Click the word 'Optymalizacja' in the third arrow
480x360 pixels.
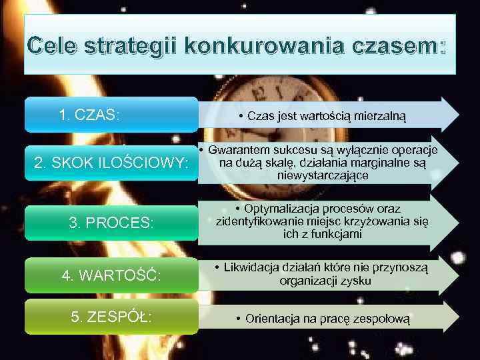[280, 209]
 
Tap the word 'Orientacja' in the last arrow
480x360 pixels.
[272, 319]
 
